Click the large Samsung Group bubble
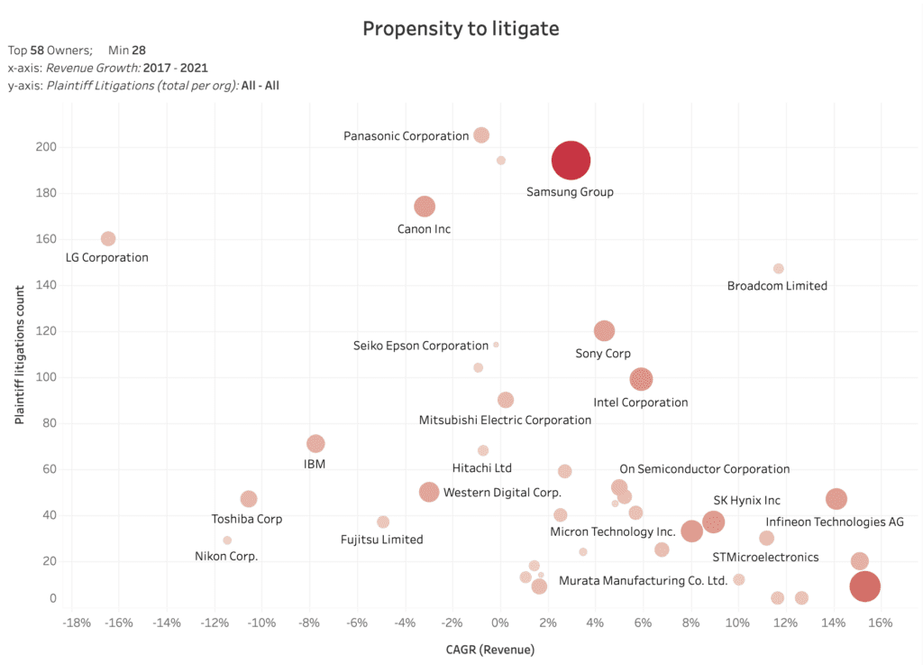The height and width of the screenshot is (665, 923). click(x=571, y=161)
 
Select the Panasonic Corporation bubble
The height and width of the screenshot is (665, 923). click(x=481, y=135)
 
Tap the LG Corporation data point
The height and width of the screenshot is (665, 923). click(x=108, y=238)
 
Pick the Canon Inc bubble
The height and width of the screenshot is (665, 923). click(x=425, y=207)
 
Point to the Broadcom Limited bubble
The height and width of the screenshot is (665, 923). click(x=779, y=269)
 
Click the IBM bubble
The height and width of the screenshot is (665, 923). click(x=315, y=444)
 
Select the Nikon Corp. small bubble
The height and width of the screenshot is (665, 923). click(x=227, y=540)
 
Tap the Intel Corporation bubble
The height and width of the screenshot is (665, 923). click(x=641, y=379)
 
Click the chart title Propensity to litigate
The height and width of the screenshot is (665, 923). click(x=461, y=29)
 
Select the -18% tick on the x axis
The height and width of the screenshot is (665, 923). click(x=75, y=623)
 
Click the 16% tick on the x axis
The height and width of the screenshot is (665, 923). click(x=880, y=623)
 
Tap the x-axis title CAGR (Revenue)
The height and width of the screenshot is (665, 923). click(x=490, y=649)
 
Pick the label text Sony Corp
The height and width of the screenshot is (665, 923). click(x=603, y=354)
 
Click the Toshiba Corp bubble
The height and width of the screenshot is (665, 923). click(x=249, y=499)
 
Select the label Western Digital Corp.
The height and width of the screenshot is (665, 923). click(x=502, y=493)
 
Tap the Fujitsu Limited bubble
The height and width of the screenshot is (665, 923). click(x=383, y=522)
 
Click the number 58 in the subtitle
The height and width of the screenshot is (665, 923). click(x=37, y=51)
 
